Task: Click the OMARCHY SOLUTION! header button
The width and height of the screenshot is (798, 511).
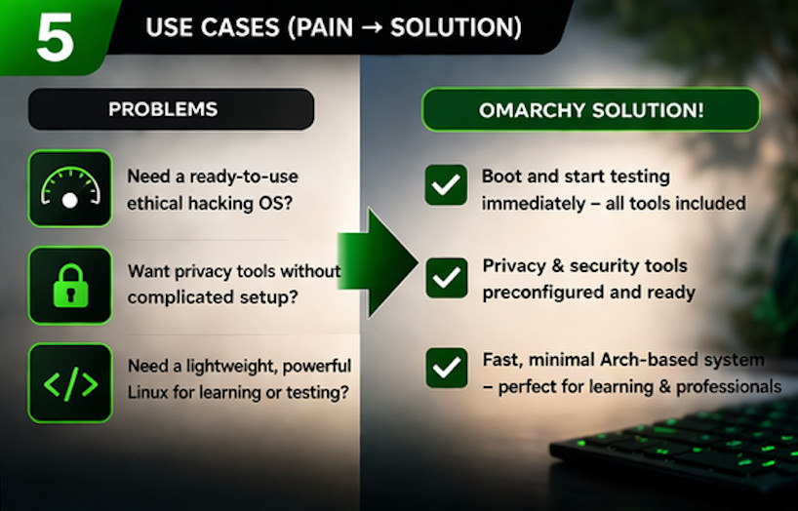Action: point(590,109)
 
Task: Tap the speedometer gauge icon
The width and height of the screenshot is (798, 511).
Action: point(69,188)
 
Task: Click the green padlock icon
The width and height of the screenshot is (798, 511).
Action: point(69,285)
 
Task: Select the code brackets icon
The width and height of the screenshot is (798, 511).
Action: point(69,383)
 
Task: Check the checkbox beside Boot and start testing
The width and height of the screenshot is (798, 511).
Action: point(446,185)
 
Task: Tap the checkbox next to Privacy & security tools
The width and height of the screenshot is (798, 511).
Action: point(447,278)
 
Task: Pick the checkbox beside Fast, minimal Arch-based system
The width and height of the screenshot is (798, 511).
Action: point(447,368)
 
